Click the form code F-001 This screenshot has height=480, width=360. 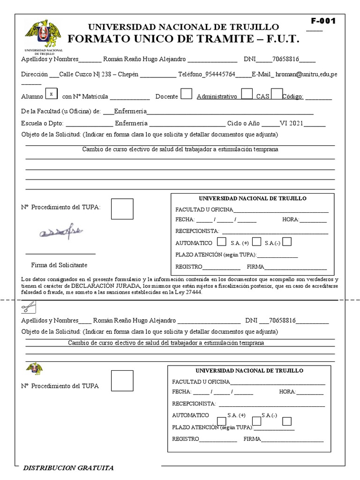coord(323,21)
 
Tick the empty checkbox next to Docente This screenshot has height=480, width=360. coord(186,94)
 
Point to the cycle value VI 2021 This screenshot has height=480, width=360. coord(292,124)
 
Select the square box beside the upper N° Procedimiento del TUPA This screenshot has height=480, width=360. coord(122,209)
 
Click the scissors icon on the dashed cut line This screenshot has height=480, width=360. coord(28,307)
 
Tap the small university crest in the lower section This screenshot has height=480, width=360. coord(34,368)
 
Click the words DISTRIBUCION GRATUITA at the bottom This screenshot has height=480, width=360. coord(68,468)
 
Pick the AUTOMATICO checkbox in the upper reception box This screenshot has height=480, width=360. coord(222,242)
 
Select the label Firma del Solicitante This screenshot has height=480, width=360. coord(59,265)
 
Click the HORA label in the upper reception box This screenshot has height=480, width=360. coord(290,220)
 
